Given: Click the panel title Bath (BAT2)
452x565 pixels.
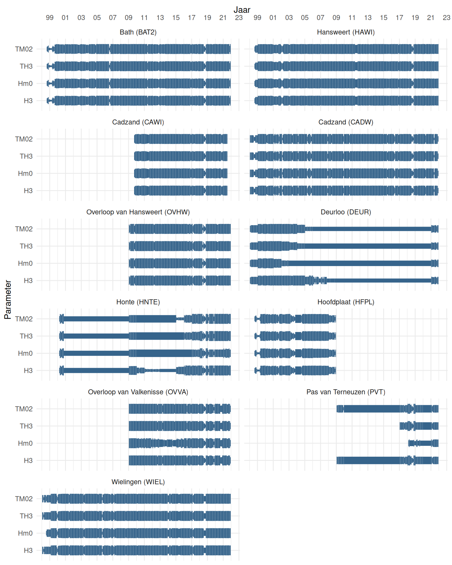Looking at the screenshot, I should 138,32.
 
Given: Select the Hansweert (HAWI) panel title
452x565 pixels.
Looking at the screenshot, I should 345,32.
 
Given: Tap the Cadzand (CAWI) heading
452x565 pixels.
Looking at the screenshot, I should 138,122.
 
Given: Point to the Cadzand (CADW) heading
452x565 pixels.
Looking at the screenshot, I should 345,122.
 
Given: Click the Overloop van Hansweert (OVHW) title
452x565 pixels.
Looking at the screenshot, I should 138,212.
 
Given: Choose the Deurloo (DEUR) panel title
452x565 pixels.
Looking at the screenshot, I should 345,212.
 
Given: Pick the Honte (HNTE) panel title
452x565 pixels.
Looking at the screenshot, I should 138,302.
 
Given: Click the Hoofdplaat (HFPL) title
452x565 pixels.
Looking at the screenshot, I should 345,302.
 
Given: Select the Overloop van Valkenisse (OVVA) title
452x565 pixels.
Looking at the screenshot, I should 138,392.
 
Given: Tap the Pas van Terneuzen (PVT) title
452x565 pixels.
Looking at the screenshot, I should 345,392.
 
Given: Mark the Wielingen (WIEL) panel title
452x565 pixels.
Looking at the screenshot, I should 138,482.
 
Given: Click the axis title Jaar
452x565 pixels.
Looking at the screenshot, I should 242,10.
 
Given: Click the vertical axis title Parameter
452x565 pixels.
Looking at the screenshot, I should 8,300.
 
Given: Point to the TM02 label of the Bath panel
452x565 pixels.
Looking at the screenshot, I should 24,49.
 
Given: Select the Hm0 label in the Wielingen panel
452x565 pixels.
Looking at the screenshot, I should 25,533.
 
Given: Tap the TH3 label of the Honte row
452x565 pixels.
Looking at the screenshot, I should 26,336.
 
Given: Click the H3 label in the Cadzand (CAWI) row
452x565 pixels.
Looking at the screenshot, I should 28,191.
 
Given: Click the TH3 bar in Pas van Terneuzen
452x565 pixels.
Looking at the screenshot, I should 419,426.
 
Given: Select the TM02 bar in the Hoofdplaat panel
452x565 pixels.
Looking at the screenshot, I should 295,319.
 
